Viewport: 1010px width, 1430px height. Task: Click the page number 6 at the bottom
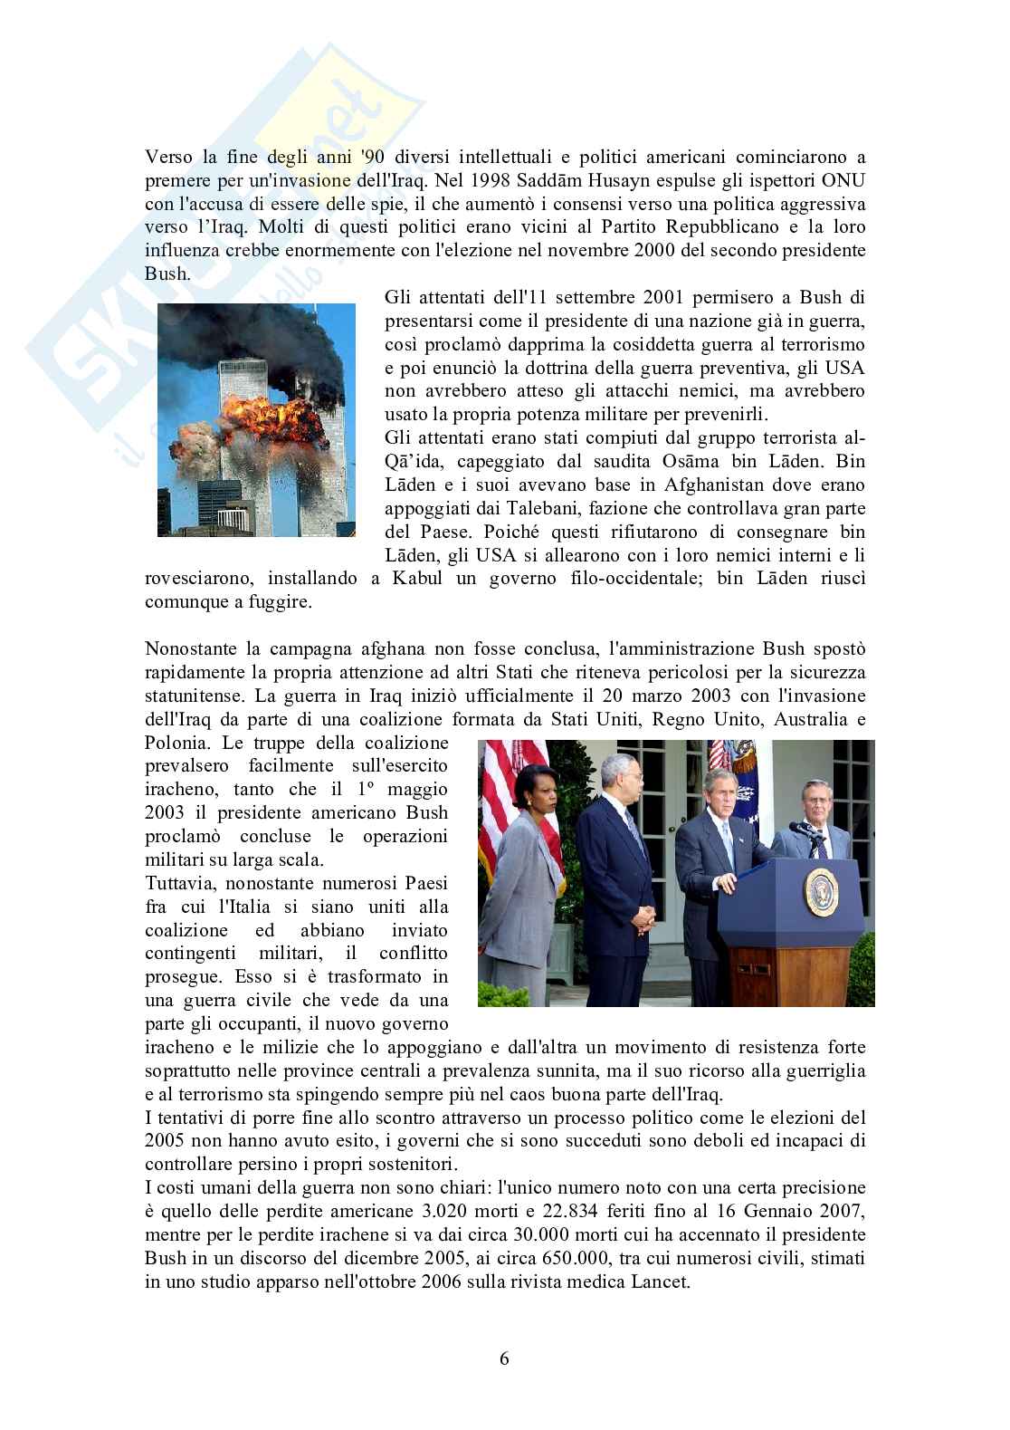click(x=505, y=1358)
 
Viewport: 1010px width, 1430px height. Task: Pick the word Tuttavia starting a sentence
click(x=179, y=884)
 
